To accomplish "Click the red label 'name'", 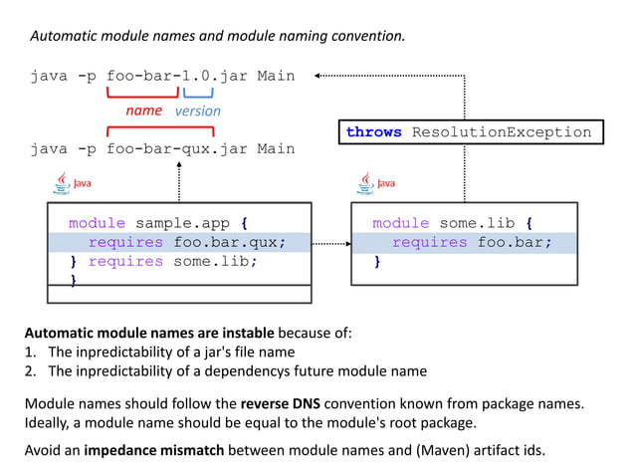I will point(143,111).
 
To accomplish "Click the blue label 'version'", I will point(197,111).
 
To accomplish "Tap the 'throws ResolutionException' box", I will point(468,132).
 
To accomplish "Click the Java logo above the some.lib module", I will point(376,183).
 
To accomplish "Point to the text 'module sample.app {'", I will point(157,223).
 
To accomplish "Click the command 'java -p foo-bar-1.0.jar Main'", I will point(162,75).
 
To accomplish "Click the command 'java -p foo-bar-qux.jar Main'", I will point(162,148).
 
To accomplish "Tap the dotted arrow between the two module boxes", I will point(331,243).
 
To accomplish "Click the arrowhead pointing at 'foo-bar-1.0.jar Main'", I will point(317,75).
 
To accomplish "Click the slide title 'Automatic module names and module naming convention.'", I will point(218,36).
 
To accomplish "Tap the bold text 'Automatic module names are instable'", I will point(149,332).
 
